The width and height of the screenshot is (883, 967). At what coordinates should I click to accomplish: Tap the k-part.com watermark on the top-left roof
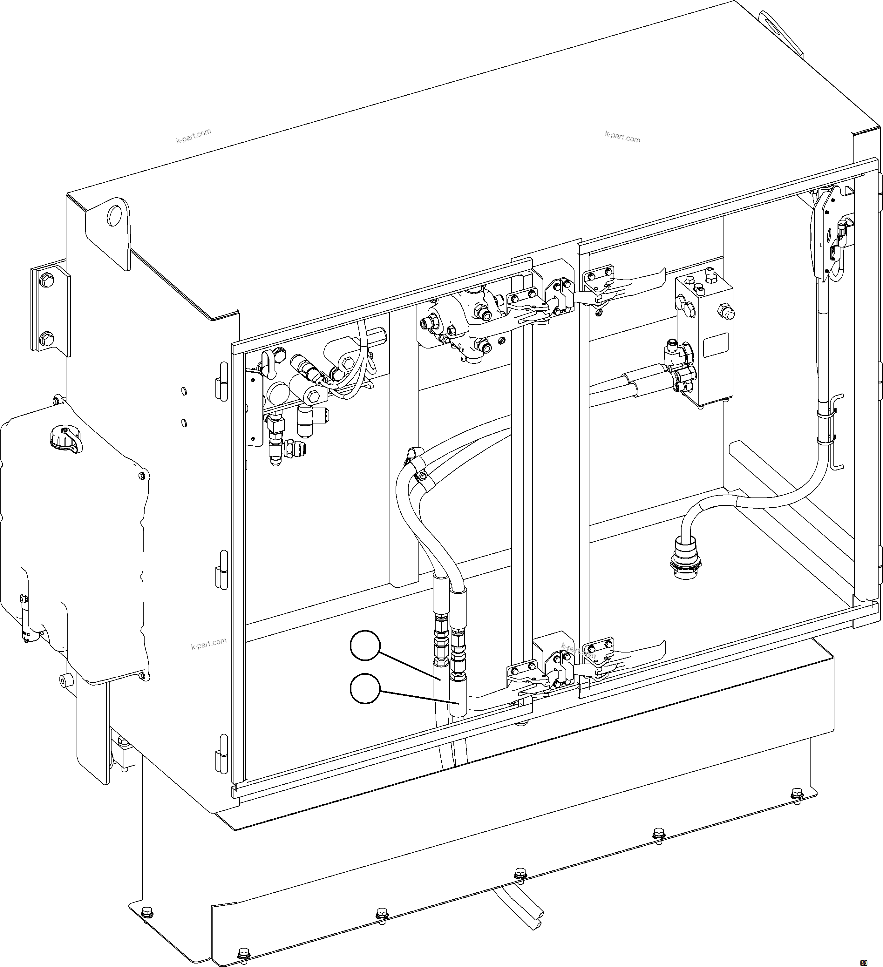pyautogui.click(x=194, y=136)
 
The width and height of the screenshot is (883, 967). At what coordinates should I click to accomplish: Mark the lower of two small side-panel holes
pyautogui.click(x=184, y=422)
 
